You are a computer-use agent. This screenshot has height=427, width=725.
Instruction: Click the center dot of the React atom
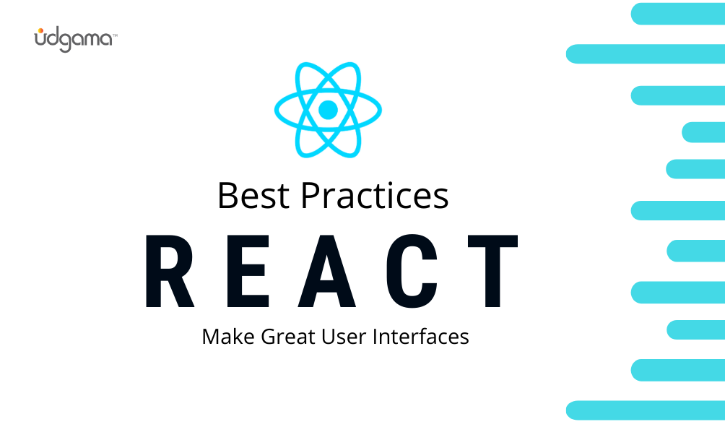(x=328, y=110)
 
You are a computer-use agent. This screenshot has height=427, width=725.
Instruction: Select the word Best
(x=253, y=195)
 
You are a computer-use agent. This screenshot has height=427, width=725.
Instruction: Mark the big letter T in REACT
(x=491, y=272)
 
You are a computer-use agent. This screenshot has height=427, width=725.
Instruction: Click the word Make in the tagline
(x=225, y=337)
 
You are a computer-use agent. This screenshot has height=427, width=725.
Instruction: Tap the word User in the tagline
(x=337, y=337)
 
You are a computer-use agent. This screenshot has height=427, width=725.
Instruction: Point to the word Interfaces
(x=419, y=337)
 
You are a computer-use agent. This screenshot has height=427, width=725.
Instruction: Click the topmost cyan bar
(x=677, y=14)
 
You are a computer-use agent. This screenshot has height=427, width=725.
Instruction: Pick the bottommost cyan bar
(x=645, y=410)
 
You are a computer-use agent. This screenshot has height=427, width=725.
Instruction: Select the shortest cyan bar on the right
(x=703, y=132)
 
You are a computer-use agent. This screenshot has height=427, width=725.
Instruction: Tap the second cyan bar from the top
(x=645, y=53)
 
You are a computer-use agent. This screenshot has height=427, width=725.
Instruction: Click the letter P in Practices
(x=308, y=195)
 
